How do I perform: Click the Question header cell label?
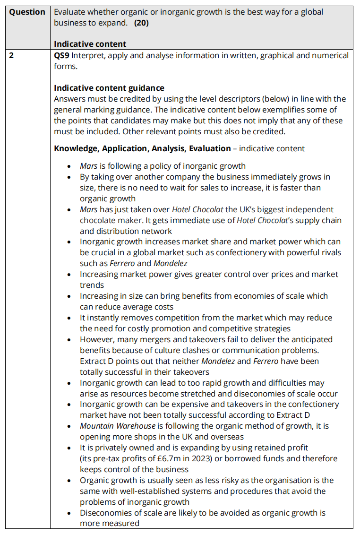click(x=27, y=12)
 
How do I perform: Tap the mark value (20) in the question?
click(x=141, y=23)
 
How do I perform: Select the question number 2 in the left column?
click(x=12, y=55)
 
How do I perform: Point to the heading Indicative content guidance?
click(x=109, y=88)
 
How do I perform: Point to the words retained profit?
click(x=283, y=448)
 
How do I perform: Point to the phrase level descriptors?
click(x=237, y=99)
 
